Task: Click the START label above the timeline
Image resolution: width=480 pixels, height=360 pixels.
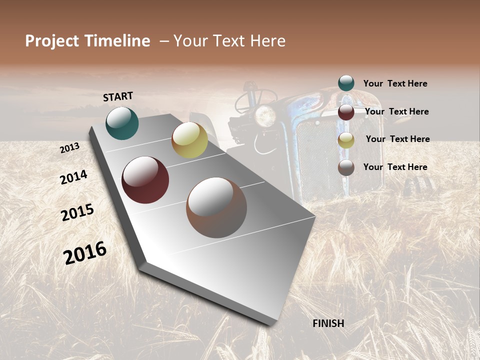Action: click(x=118, y=96)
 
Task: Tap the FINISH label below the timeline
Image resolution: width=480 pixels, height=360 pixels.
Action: click(x=328, y=323)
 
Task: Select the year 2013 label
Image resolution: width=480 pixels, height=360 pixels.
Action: click(x=70, y=148)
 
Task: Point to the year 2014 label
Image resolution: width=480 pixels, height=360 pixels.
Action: click(x=73, y=177)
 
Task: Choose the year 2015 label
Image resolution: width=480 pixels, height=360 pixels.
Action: click(x=77, y=212)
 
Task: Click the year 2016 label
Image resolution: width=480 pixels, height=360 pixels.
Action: click(x=85, y=253)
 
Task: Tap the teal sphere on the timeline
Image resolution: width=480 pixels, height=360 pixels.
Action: click(x=122, y=123)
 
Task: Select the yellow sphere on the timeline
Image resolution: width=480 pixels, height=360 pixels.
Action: click(x=189, y=140)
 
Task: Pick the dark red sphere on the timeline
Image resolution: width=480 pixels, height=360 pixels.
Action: click(x=145, y=180)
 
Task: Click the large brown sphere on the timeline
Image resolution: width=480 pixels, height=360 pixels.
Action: click(x=216, y=207)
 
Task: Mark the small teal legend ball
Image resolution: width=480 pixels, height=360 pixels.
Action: click(x=346, y=83)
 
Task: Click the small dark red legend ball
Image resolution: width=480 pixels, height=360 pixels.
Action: click(x=346, y=112)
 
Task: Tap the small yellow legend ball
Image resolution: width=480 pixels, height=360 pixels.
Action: click(x=346, y=140)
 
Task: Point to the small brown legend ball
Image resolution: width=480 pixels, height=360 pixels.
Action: click(x=346, y=167)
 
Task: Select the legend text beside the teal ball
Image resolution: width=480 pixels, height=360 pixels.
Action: click(x=395, y=84)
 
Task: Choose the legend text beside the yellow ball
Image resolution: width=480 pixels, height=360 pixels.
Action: click(x=397, y=139)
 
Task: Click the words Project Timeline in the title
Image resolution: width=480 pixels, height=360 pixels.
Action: click(x=87, y=41)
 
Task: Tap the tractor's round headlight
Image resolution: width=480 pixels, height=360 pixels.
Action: click(x=265, y=116)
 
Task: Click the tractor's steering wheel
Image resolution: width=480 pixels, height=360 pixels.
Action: click(x=255, y=97)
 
